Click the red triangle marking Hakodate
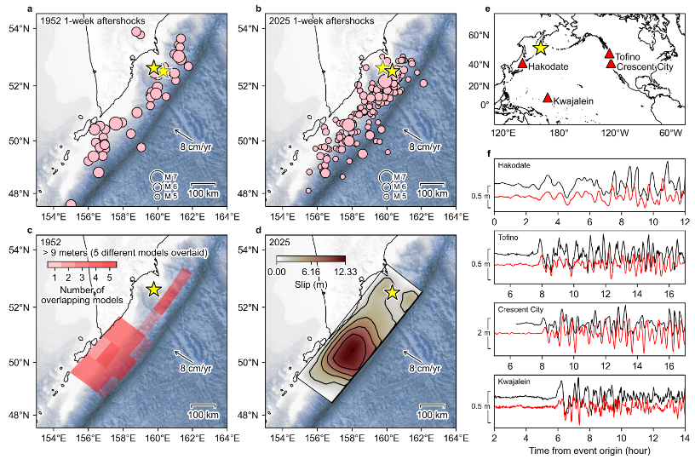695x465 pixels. (522, 64)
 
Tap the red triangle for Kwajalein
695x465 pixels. (547, 98)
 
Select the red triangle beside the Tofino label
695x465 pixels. (609, 54)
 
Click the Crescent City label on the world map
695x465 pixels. (643, 66)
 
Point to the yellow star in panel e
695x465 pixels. (539, 49)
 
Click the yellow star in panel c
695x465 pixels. (153, 289)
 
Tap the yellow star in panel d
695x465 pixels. (392, 292)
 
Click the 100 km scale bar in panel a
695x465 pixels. (203, 185)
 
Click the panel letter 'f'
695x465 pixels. (488, 154)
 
